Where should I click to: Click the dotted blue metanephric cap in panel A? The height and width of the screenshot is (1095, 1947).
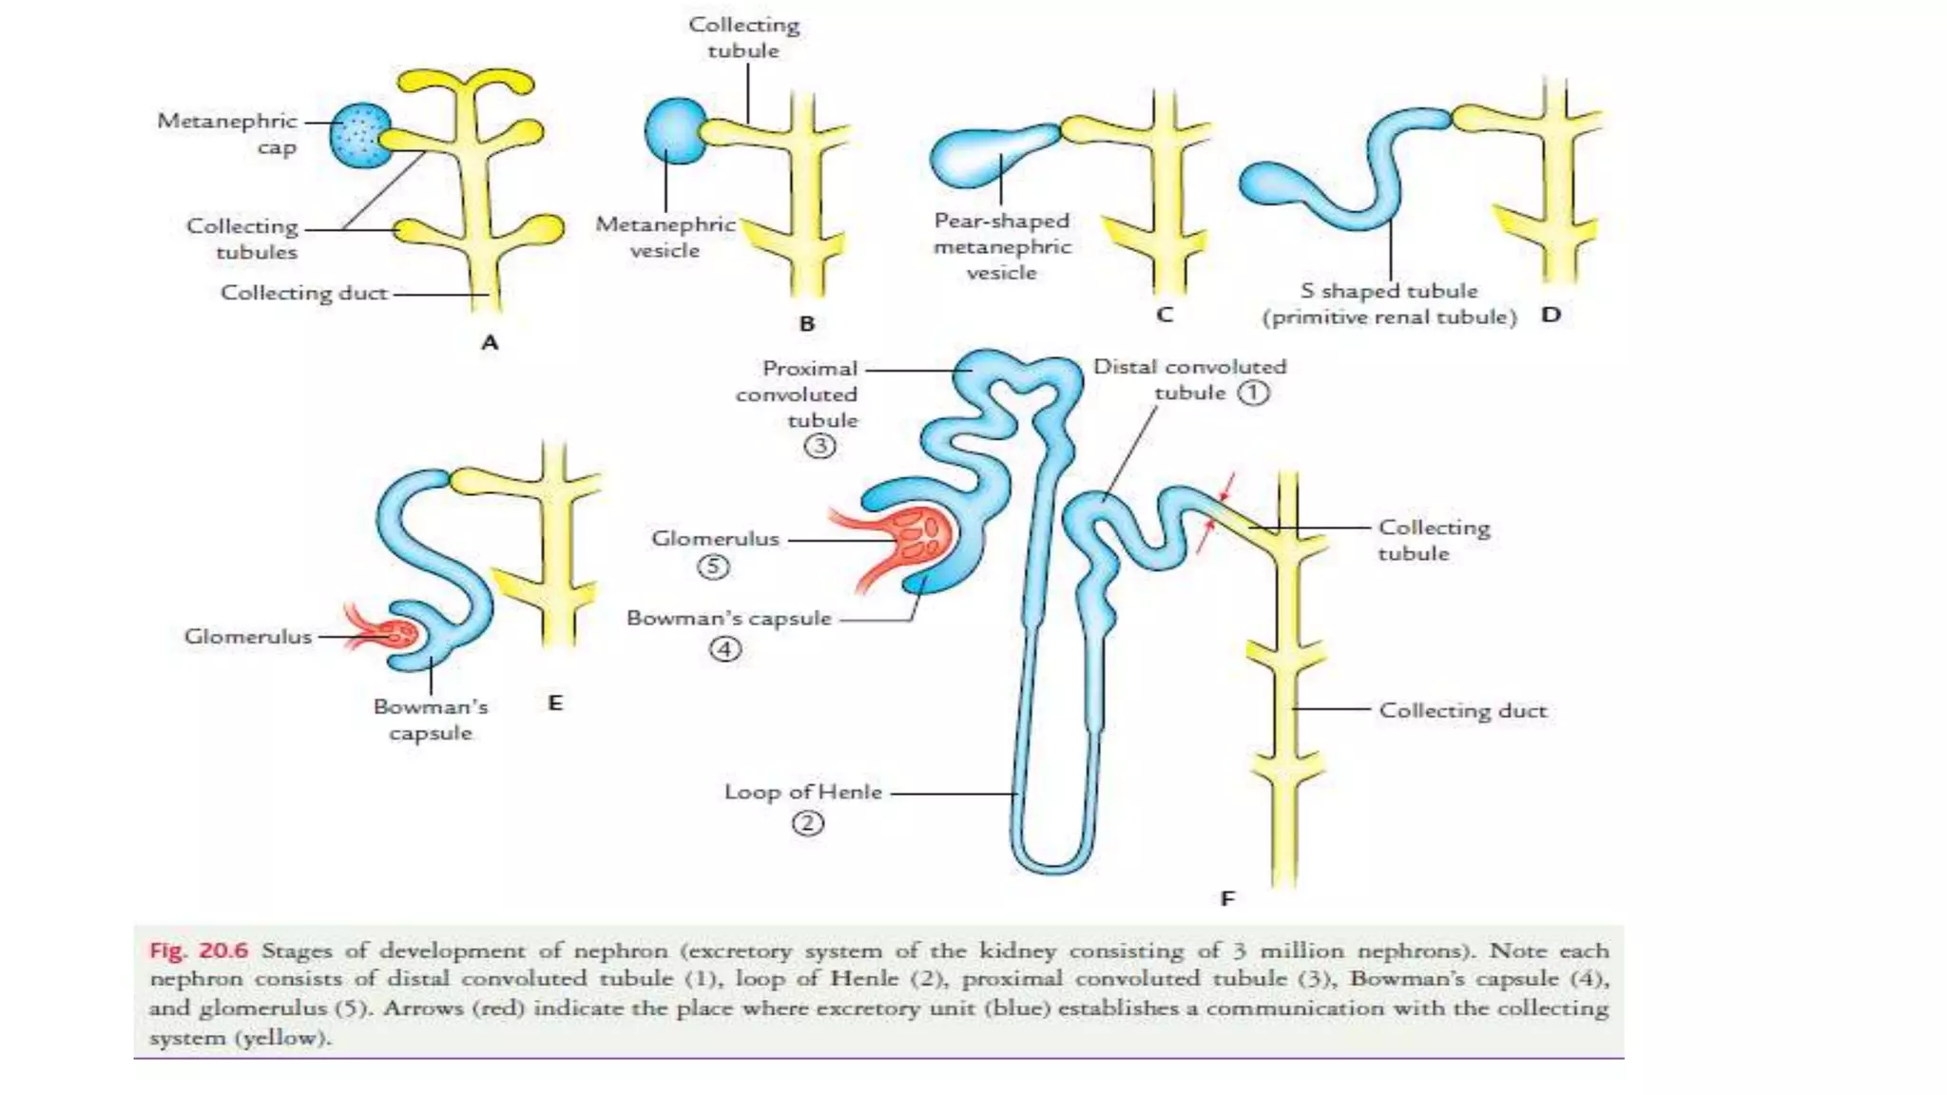point(360,135)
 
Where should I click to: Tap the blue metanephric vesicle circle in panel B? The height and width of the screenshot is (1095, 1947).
point(675,131)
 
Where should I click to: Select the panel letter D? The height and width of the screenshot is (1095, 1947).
point(1551,315)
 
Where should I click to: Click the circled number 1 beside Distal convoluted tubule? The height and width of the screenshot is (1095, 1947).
point(1253,393)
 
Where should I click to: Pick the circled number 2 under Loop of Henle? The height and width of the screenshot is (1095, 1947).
point(807,823)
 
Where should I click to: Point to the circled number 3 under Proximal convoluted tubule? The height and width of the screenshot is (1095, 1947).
point(819,446)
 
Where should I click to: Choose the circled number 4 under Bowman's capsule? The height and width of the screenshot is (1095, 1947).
point(724,650)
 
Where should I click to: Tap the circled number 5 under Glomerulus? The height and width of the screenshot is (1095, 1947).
point(713,567)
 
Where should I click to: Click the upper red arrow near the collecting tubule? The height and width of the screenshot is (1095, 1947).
point(1227,487)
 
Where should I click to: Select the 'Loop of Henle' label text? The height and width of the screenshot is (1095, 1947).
point(803,792)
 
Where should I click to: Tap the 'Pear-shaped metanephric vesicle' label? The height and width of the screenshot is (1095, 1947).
point(1002,246)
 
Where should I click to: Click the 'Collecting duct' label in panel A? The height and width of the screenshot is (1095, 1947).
point(304,293)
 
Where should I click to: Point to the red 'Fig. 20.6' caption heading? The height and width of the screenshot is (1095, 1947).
point(199,951)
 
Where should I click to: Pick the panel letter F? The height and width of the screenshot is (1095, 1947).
point(1227,898)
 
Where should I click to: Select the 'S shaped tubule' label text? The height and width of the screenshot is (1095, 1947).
point(1389,291)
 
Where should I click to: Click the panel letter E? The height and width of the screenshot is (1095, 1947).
point(555,703)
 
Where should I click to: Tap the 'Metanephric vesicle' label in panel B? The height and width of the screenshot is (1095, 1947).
point(665,237)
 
